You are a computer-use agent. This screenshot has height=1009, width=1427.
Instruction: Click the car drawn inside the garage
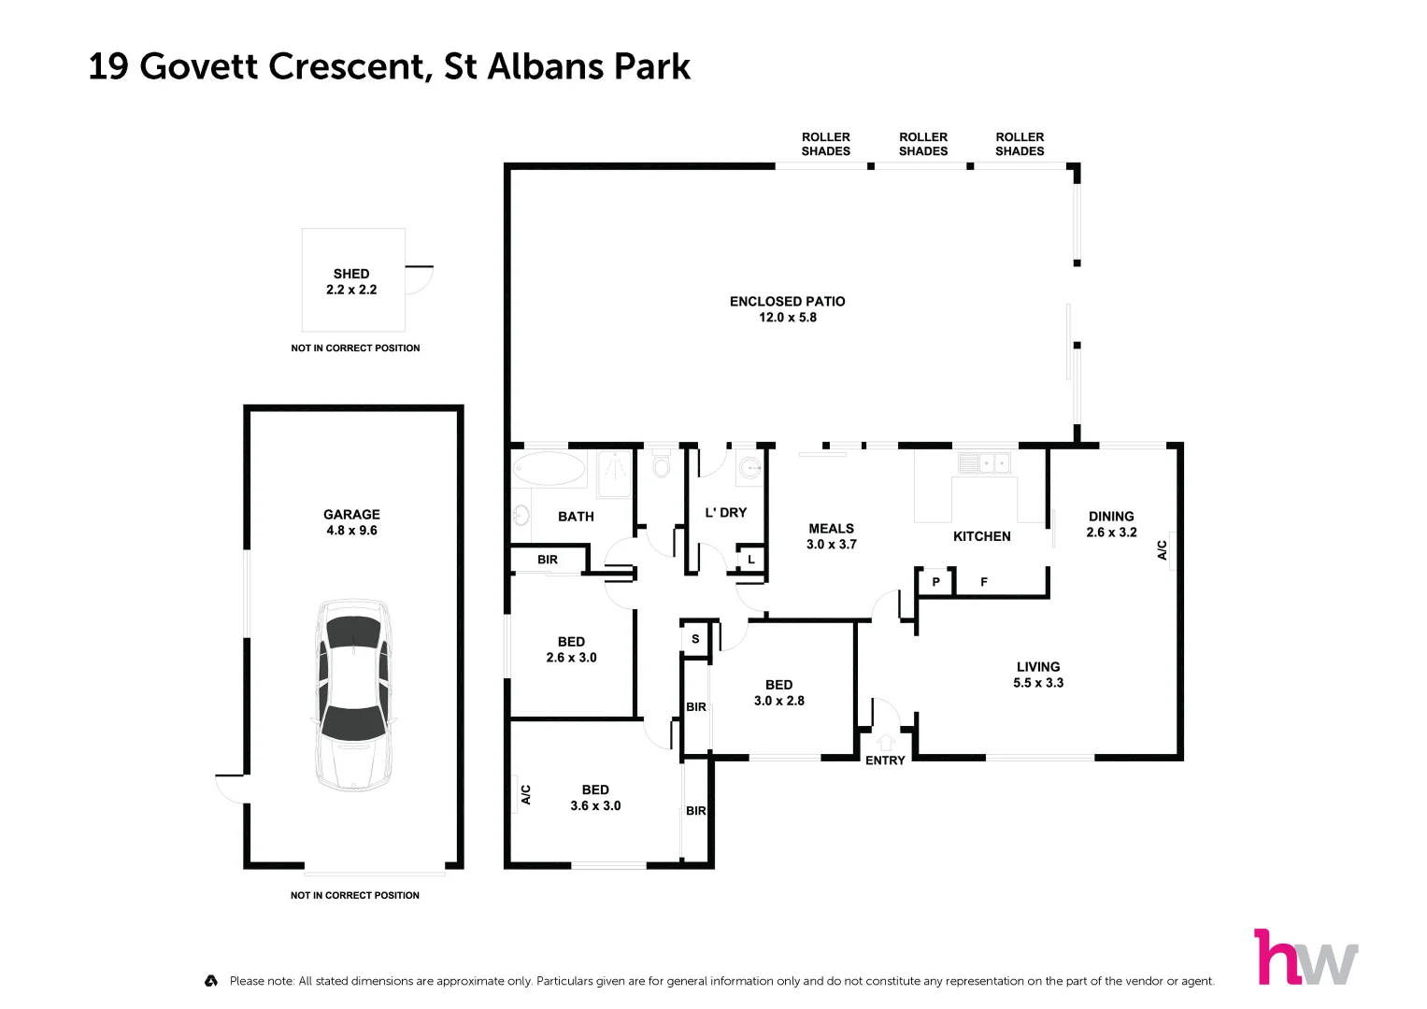pyautogui.click(x=352, y=694)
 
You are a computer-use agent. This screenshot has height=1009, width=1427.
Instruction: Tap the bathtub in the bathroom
pyautogui.click(x=549, y=468)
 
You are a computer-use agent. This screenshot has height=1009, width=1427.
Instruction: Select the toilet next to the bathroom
pyautogui.click(x=662, y=465)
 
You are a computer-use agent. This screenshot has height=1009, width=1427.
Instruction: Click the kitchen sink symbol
pyautogui.click(x=984, y=462)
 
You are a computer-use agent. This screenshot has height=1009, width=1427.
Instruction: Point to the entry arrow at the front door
pyautogui.click(x=885, y=743)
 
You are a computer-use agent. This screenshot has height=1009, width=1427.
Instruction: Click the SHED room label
pyautogui.click(x=351, y=274)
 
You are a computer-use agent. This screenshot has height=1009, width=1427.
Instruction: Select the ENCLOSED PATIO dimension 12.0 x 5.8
pyautogui.click(x=787, y=318)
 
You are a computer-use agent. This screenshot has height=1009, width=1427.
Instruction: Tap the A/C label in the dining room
pyautogui.click(x=1163, y=550)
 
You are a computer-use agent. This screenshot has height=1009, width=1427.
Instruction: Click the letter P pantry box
pyautogui.click(x=935, y=582)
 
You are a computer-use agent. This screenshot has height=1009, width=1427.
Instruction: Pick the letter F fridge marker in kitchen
pyautogui.click(x=984, y=582)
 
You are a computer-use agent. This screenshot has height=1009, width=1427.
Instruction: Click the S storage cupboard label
pyautogui.click(x=695, y=639)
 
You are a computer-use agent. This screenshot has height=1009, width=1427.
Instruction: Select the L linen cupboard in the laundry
pyautogui.click(x=750, y=560)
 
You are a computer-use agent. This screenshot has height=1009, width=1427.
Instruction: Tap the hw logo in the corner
pyautogui.click(x=1306, y=957)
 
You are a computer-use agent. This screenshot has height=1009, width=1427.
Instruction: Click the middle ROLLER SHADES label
pyautogui.click(x=923, y=144)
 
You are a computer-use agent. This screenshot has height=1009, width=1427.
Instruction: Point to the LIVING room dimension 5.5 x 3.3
pyautogui.click(x=1038, y=683)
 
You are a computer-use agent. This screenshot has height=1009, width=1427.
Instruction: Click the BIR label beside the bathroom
pyautogui.click(x=548, y=560)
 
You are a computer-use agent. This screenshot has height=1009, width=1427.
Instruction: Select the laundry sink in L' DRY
pyautogui.click(x=749, y=467)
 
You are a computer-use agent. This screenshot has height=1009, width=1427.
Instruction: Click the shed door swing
pyautogui.click(x=420, y=279)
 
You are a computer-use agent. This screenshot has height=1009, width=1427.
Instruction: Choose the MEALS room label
pyautogui.click(x=831, y=529)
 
